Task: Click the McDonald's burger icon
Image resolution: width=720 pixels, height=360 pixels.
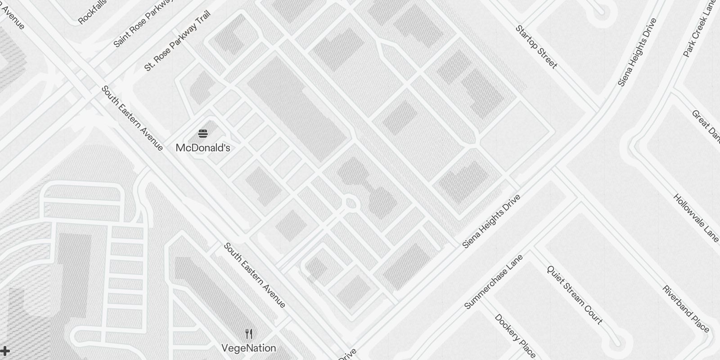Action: [203, 133]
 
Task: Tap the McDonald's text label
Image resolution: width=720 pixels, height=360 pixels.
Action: [203, 148]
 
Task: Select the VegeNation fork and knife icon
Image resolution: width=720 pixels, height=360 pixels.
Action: [249, 334]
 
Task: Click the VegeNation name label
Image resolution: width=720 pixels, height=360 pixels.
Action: [248, 348]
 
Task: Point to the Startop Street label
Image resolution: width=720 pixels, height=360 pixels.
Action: [536, 47]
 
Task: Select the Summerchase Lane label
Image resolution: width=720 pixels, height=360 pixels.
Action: [494, 282]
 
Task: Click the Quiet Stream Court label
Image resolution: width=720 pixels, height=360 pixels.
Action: [574, 295]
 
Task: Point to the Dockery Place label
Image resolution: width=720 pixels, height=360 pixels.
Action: [515, 335]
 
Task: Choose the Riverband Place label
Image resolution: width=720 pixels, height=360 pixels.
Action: [685, 309]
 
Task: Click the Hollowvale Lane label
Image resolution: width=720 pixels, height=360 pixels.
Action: [696, 217]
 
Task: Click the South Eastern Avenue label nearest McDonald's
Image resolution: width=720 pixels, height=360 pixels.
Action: [132, 118]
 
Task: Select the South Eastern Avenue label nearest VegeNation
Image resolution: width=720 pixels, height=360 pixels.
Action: [255, 275]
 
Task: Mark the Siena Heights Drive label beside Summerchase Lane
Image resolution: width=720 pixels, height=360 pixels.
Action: [491, 221]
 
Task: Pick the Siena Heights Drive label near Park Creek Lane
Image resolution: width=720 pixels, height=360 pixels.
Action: [637, 52]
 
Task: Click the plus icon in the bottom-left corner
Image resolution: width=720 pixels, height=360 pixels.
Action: [4, 351]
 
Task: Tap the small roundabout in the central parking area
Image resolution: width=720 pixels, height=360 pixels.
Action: [351, 203]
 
